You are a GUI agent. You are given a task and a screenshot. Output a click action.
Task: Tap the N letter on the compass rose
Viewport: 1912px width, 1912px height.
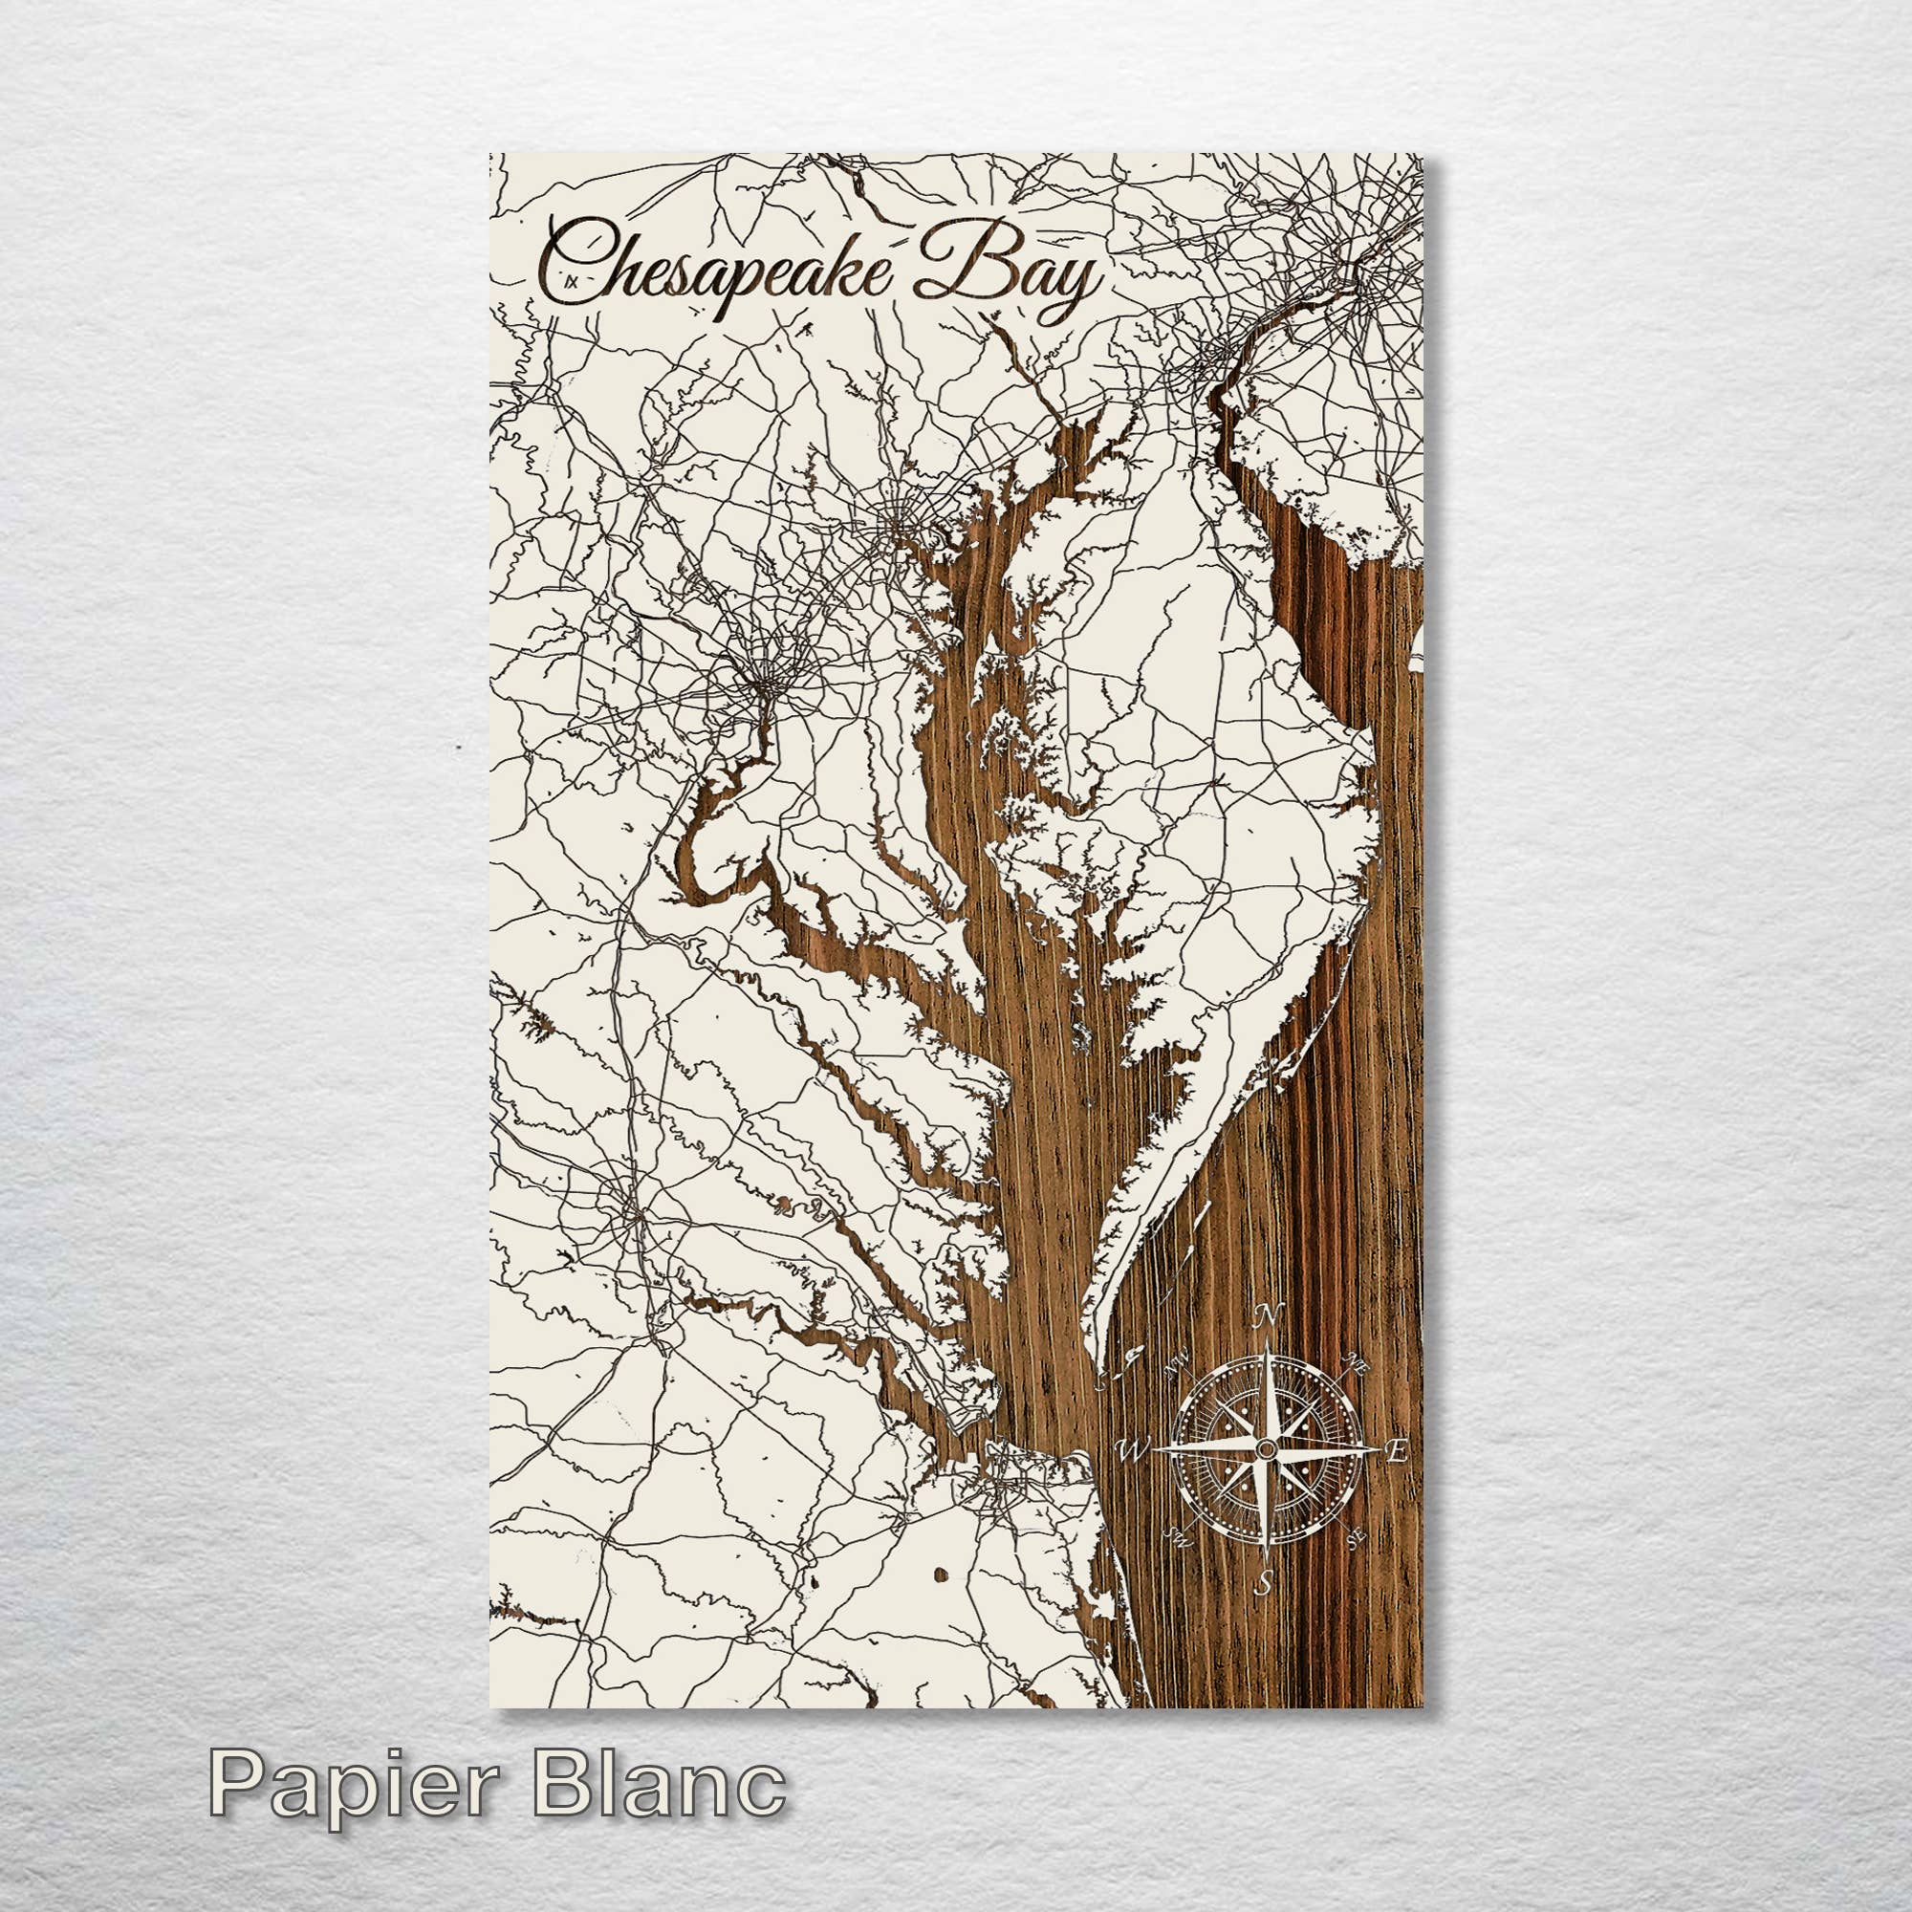coord(1264,1316)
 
